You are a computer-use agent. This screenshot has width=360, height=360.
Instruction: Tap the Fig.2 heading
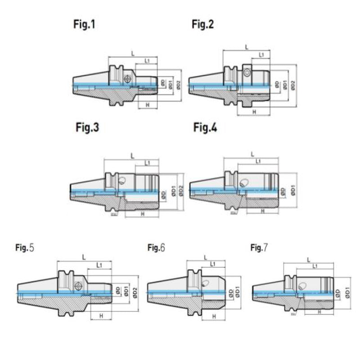coord(203,25)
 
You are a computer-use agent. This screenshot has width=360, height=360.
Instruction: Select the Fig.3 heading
coord(87,128)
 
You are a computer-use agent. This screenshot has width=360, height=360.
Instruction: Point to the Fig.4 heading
coord(206,128)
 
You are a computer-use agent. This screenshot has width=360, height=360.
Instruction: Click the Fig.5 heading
coord(25,247)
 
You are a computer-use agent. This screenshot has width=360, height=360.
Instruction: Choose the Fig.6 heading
coord(157,247)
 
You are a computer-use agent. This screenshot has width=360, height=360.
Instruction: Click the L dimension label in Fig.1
coord(133,54)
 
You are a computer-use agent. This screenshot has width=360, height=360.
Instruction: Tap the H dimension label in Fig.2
coord(254,111)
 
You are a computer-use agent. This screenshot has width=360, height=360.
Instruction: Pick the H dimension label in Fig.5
coord(101,316)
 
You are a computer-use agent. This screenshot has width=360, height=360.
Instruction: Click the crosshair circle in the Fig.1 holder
coord(128,78)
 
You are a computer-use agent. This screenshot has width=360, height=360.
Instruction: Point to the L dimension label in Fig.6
coord(205,257)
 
